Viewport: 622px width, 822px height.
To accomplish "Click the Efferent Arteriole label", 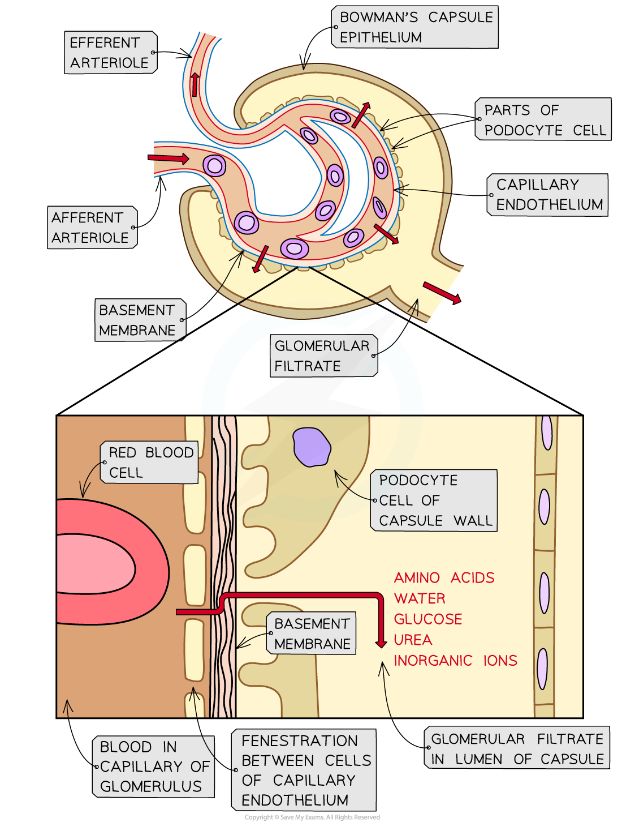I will tap(110, 53).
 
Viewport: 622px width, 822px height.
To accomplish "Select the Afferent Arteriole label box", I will tap(92, 228).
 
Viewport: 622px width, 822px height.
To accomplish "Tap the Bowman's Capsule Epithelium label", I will tap(416, 27).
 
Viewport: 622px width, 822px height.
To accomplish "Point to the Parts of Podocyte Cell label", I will tap(543, 119).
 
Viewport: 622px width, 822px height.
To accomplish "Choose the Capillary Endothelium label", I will tap(548, 195).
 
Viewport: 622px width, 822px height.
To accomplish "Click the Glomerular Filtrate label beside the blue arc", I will tap(323, 356).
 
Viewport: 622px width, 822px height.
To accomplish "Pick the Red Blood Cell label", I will tap(149, 462).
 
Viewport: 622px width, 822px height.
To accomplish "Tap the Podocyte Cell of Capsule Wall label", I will tap(434, 500).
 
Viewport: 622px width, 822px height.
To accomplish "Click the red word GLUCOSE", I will tap(428, 619).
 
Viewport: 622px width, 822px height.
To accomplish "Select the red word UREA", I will tap(413, 640).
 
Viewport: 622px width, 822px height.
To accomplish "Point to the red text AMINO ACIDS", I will tap(444, 577).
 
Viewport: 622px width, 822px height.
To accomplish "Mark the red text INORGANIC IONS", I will tap(455, 661).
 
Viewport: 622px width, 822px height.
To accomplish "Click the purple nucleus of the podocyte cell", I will tap(312, 447).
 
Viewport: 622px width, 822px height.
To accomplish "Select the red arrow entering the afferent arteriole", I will tap(169, 158).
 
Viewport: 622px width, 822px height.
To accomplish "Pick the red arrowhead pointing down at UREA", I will tap(381, 643).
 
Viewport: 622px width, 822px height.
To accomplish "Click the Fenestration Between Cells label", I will tap(304, 770).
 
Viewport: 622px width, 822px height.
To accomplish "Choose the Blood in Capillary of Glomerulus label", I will tap(153, 767).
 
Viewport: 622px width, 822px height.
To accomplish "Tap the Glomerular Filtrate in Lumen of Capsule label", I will tap(517, 748).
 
